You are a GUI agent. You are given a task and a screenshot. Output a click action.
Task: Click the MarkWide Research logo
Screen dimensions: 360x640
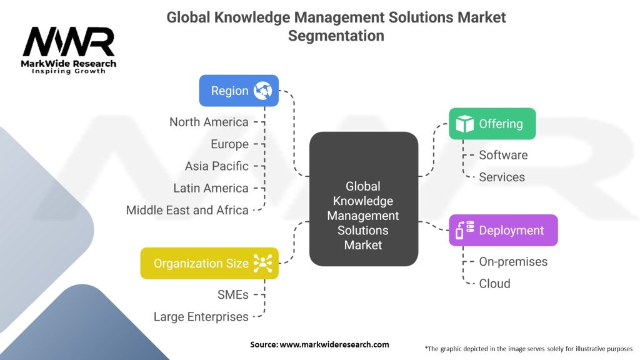click(69, 49)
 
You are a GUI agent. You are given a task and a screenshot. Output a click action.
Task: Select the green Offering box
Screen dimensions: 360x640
click(492, 124)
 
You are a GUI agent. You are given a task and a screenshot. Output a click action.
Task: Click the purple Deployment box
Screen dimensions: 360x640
click(503, 231)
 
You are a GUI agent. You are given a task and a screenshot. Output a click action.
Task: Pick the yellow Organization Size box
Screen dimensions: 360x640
click(209, 263)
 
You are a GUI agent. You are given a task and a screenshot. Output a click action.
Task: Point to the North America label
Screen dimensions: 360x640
click(209, 122)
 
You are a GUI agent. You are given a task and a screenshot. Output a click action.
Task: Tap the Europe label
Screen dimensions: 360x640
click(229, 144)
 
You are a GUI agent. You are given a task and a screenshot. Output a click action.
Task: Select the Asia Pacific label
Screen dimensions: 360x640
click(216, 166)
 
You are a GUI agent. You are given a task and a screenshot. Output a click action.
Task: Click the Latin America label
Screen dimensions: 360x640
click(211, 188)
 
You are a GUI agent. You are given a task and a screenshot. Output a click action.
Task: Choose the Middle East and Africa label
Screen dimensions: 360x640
click(187, 210)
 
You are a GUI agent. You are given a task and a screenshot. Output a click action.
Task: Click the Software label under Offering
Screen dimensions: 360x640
click(503, 155)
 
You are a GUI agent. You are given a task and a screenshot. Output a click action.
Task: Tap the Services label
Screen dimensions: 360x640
click(502, 177)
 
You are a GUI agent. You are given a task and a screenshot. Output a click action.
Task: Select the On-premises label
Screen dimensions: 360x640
click(513, 261)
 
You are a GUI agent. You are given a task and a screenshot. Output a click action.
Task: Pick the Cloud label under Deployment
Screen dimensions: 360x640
click(494, 283)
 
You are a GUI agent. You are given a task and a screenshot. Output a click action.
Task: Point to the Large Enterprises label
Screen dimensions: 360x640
click(201, 317)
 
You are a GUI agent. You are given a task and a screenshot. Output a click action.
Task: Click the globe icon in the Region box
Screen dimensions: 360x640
click(263, 91)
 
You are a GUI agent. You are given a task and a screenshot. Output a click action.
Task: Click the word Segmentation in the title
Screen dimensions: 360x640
click(336, 36)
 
